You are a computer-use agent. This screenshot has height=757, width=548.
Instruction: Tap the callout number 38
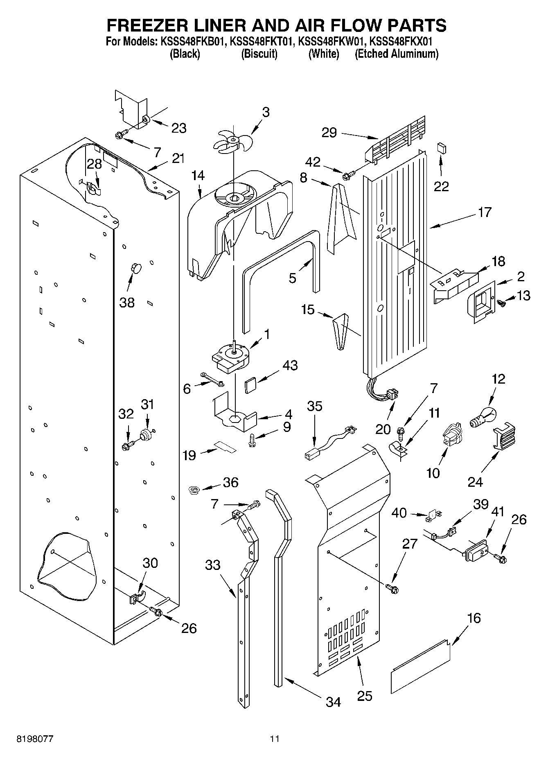(x=127, y=303)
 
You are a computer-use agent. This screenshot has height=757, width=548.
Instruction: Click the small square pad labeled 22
(x=441, y=148)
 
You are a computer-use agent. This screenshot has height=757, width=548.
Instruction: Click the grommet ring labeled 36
(x=194, y=489)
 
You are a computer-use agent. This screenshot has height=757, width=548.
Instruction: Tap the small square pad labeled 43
(x=250, y=385)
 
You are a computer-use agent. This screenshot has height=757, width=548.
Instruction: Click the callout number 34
(x=334, y=702)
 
